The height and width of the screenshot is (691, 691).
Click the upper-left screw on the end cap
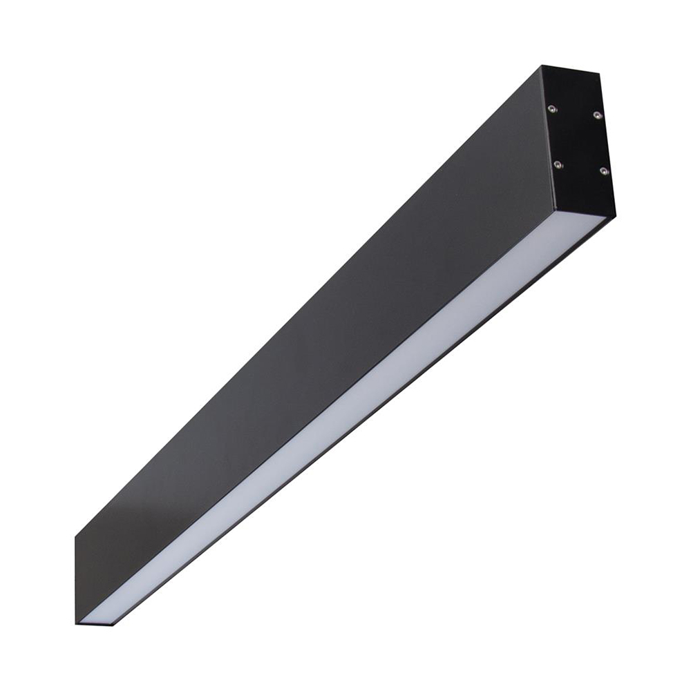(x=551, y=108)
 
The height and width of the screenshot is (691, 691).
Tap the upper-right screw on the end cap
(x=598, y=115)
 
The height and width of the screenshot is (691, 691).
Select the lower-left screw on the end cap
(x=558, y=164)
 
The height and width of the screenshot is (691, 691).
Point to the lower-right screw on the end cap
(x=604, y=171)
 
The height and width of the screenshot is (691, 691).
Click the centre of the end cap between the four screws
(x=578, y=139)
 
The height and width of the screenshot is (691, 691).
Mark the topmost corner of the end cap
(x=542, y=66)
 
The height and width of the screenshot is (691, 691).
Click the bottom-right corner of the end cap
(x=615, y=216)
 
